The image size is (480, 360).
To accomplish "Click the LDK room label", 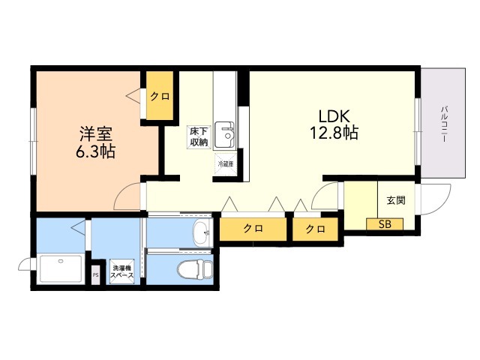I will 332,117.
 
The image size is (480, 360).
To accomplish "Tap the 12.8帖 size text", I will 333,134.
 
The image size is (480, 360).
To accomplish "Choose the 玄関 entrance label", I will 395,200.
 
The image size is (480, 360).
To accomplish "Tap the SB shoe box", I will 384,223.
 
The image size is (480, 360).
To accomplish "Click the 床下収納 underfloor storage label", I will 198,136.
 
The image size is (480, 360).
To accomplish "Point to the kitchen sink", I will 225,134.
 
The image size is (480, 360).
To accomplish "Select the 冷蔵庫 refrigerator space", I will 226,163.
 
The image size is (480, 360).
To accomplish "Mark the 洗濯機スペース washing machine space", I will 122,272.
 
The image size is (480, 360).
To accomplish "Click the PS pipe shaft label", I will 95,275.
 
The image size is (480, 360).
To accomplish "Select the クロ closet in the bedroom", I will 158,96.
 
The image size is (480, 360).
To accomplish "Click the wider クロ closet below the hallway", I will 253,229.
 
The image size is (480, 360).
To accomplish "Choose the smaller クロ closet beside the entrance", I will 315,229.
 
